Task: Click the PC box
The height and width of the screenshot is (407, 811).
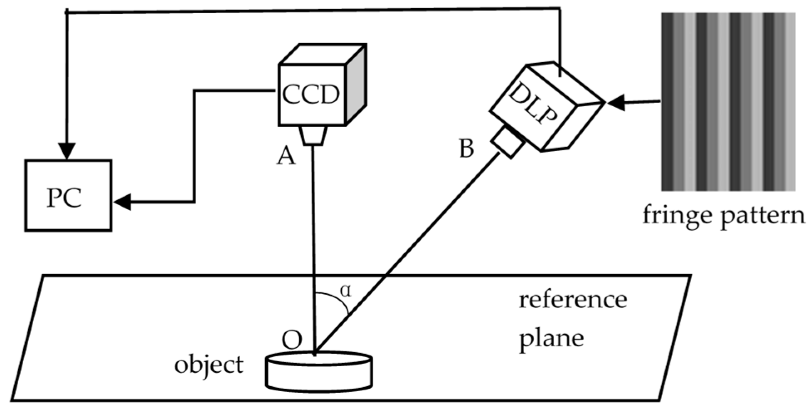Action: tap(68, 195)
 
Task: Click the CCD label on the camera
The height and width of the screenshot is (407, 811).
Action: tap(311, 95)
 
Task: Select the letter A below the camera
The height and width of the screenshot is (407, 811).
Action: tap(286, 157)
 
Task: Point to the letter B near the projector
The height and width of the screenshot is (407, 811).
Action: tap(466, 149)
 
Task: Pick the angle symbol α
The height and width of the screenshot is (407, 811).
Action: tap(345, 291)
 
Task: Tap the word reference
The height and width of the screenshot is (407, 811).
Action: tap(572, 299)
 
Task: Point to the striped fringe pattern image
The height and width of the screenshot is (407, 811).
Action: tap(728, 102)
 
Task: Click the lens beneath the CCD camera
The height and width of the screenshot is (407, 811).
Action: tap(313, 135)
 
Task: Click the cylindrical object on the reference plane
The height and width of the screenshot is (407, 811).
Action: tap(319, 371)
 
